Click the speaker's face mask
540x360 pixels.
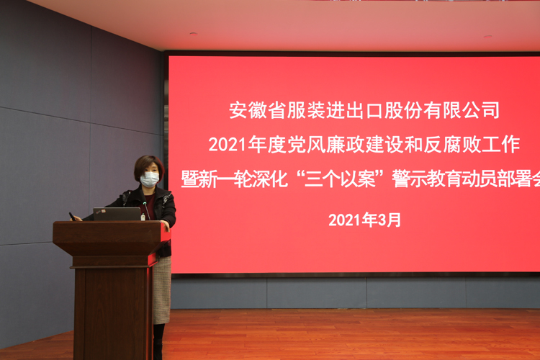tap(150, 179)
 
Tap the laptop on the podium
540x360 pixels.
tap(117, 214)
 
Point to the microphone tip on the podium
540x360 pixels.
tap(145, 204)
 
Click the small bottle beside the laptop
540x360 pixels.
tap(143, 217)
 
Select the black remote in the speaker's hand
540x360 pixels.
tap(72, 216)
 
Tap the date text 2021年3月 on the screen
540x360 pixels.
tap(365, 220)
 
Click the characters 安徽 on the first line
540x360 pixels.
tap(248, 110)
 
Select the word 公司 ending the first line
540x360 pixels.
tap(481, 110)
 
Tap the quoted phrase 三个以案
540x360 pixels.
tap(340, 179)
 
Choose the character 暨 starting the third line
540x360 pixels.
tap(190, 179)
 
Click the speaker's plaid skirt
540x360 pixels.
tap(162, 289)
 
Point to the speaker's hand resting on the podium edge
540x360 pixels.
tap(166, 225)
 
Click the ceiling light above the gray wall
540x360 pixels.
tap(194, 34)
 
